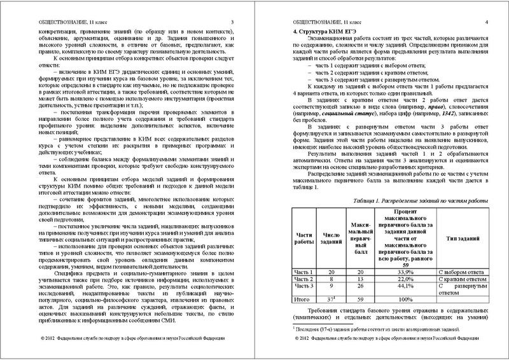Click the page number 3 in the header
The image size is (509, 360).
233,24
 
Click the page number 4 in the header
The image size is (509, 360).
485,24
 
